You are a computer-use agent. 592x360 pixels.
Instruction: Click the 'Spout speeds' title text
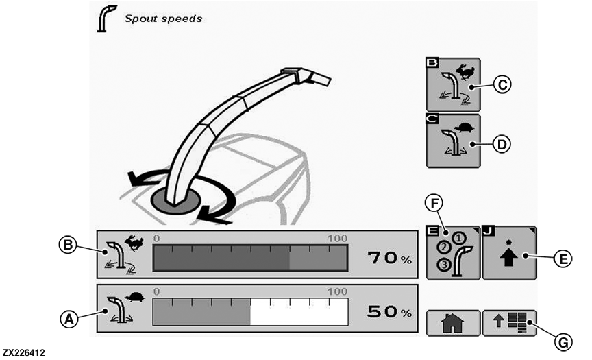pos(163,19)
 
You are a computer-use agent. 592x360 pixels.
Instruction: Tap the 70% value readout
pos(389,258)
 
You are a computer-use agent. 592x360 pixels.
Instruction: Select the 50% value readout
pos(389,311)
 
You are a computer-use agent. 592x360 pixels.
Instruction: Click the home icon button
pos(453,323)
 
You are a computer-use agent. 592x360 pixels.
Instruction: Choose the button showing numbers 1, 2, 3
pos(453,253)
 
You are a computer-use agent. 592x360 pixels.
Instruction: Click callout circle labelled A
pos(69,320)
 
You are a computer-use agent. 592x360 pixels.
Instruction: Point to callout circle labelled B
pos(68,245)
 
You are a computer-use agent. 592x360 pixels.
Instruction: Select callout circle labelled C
pos(502,84)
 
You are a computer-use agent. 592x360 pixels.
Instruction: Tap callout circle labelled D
pos(502,144)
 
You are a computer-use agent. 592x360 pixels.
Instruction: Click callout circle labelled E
pos(563,259)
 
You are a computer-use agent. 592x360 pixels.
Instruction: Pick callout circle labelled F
pos(434,203)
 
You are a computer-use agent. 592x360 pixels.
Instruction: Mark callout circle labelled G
pos(563,343)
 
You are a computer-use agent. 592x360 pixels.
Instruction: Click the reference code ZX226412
pos(24,353)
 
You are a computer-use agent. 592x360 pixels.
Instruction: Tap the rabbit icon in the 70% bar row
pos(134,243)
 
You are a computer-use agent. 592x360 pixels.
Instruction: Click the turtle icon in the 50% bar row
pos(135,296)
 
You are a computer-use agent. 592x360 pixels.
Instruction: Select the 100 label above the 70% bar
pos(337,239)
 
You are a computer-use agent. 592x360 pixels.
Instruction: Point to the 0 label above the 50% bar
pos(156,291)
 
